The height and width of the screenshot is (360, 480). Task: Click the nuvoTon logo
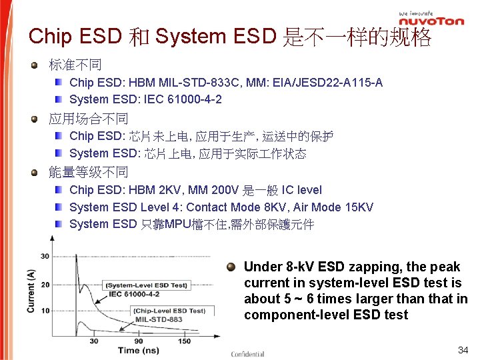click(431, 21)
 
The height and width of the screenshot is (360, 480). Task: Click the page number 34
click(463, 350)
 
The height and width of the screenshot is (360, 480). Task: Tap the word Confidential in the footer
click(247, 354)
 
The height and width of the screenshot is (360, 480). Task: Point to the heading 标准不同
click(75, 65)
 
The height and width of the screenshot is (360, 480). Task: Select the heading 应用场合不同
click(89, 119)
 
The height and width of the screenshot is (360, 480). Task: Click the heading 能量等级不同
click(89, 173)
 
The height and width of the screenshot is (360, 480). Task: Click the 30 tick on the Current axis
click(45, 256)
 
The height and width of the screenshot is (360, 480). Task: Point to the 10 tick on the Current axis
click(45, 311)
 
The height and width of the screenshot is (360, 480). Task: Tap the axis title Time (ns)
click(138, 351)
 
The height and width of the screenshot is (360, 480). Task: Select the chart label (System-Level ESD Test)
click(146, 285)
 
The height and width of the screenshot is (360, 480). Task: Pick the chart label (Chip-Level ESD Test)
click(169, 311)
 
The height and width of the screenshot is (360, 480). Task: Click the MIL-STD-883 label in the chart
click(158, 319)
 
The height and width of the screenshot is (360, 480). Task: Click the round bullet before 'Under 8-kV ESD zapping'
click(231, 267)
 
